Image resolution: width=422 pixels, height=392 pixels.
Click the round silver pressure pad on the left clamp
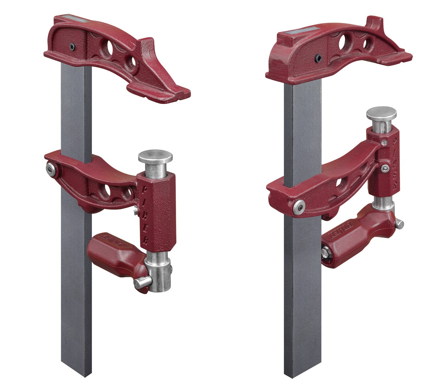coord(155,156)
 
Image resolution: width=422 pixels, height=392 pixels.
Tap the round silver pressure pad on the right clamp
coord(381,114)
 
